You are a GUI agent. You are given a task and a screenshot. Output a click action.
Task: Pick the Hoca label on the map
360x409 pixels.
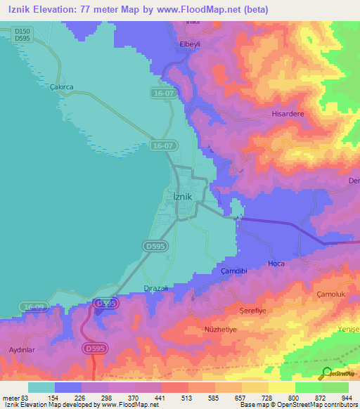[x=276, y=264]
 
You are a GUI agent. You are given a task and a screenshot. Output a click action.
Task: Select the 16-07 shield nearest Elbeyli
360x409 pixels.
[x=162, y=92]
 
